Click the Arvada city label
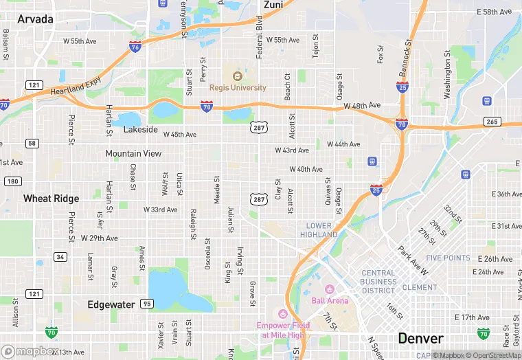[35, 19]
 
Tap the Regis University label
[238, 88]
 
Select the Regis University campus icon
[238, 76]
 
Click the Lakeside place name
[141, 129]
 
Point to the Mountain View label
[133, 154]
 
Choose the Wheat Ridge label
[51, 199]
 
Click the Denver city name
[420, 339]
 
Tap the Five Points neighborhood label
[448, 258]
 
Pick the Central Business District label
[378, 281]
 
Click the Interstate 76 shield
[135, 46]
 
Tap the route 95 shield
[146, 303]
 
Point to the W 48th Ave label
[361, 105]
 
